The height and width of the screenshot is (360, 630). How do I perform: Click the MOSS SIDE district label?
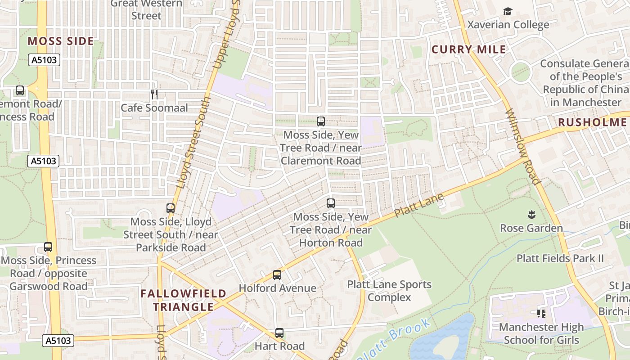(61, 41)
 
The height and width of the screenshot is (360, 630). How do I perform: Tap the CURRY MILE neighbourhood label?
(469, 49)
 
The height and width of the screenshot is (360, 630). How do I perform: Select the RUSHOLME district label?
(592, 122)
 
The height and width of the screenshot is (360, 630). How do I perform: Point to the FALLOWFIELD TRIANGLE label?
(183, 300)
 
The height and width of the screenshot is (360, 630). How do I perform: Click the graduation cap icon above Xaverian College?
(508, 11)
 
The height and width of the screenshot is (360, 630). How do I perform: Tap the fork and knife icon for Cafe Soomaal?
(154, 94)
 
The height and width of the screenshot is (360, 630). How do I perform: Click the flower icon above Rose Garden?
(531, 214)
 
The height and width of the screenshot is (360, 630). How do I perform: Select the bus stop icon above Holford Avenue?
(277, 274)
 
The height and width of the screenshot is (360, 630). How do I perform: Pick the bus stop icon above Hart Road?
(279, 333)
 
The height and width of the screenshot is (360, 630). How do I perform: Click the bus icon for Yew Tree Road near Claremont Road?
(320, 121)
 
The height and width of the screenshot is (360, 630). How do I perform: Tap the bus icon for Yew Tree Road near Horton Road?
(331, 203)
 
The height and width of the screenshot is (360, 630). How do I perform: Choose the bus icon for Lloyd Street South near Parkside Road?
(171, 208)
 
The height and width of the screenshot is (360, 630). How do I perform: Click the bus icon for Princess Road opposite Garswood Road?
(48, 247)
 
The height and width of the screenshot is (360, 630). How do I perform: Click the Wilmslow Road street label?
(523, 147)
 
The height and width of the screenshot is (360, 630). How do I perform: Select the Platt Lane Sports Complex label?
(389, 291)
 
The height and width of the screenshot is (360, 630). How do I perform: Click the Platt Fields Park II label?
(560, 258)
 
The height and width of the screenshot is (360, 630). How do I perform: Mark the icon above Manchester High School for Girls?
(541, 313)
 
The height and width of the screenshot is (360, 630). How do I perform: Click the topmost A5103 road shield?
(45, 60)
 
